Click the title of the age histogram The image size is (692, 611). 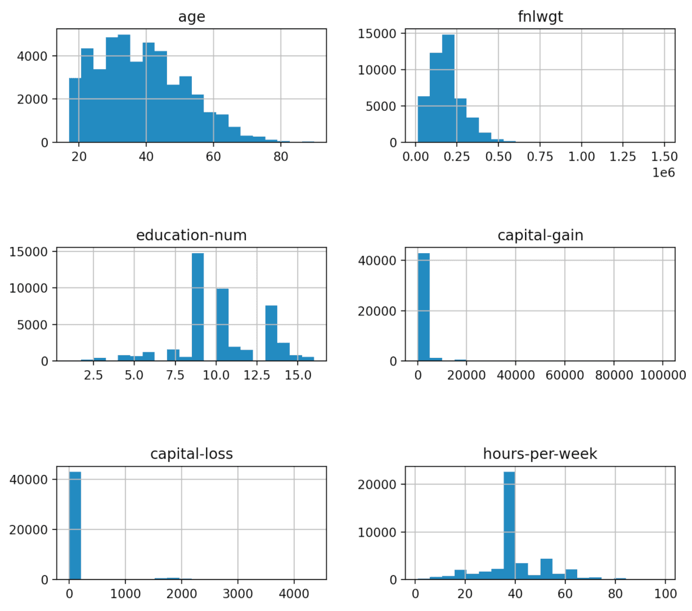click(191, 17)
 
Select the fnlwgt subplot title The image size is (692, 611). click(539, 17)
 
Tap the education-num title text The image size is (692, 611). click(191, 235)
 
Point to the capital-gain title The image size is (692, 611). click(539, 235)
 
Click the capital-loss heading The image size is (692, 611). click(191, 454)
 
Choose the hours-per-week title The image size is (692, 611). click(539, 454)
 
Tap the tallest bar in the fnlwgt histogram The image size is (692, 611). click(447, 89)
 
